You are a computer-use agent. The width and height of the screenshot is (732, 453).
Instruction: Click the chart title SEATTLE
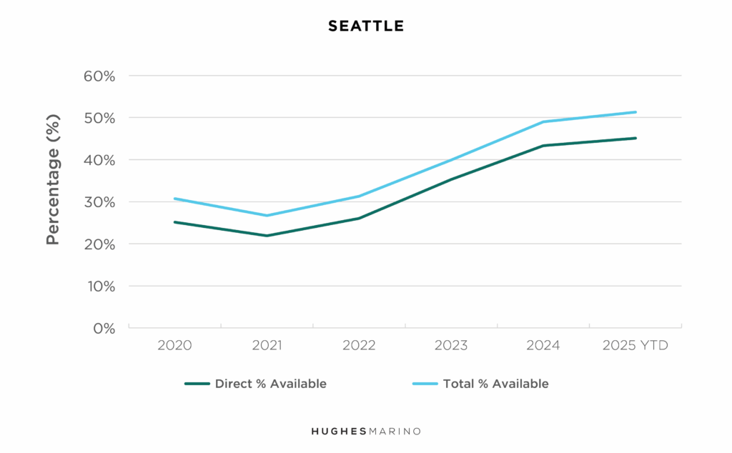[x=366, y=26]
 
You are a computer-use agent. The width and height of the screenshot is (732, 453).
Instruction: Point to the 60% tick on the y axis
[x=99, y=76]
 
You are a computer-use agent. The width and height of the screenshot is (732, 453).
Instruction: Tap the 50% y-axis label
[x=99, y=118]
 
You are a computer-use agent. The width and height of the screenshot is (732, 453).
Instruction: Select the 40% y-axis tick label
[x=99, y=160]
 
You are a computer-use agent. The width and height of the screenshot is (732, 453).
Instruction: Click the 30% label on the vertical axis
[x=99, y=202]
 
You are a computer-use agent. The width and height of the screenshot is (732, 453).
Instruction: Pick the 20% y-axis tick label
[x=99, y=244]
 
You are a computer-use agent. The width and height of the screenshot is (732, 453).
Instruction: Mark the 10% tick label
[x=99, y=287]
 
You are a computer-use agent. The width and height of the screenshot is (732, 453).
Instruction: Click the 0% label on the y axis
[x=104, y=329]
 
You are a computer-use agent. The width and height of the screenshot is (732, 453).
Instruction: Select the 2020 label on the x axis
[x=174, y=346]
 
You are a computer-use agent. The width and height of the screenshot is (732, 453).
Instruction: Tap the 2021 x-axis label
[x=267, y=346]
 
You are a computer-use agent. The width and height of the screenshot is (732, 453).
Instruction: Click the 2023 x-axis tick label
[x=451, y=346]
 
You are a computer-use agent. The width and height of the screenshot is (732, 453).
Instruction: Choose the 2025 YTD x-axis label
[x=635, y=346]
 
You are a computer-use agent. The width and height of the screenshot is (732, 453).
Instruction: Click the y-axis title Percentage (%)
[x=52, y=179]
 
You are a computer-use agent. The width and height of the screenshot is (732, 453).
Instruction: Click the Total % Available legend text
[x=495, y=384]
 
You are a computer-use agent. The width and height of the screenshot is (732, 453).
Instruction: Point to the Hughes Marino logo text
[x=366, y=432]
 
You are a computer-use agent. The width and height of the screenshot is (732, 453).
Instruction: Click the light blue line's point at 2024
[x=543, y=122]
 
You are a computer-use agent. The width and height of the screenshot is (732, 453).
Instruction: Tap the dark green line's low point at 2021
[x=267, y=236]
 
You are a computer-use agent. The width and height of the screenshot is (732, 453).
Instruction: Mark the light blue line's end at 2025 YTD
[x=635, y=112]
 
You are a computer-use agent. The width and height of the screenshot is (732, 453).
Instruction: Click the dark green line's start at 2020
[x=174, y=222]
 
